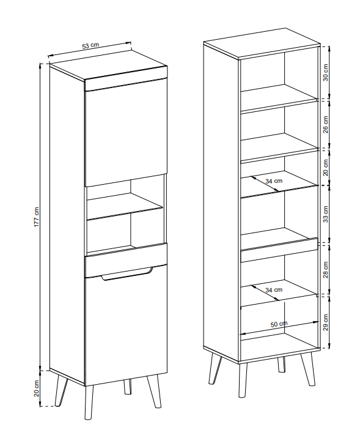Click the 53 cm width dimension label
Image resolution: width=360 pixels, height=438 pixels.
coord(90,46)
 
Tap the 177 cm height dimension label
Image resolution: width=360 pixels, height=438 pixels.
coord(37,217)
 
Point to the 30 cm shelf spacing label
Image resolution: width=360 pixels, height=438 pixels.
coord(326,73)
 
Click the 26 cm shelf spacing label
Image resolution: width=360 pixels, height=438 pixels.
coord(326,125)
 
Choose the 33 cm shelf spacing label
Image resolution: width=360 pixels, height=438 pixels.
coord(326,214)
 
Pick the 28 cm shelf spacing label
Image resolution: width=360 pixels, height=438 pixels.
coord(326,270)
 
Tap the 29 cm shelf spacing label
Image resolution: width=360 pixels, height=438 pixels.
coord(326,322)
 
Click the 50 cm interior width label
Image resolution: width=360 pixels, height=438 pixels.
coord(279,324)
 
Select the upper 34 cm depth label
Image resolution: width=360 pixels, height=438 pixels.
coord(274,181)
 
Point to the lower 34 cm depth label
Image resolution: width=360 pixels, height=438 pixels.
coord(274,290)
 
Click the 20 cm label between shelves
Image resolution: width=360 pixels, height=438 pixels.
coord(326,168)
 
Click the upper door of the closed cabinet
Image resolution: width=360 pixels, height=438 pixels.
coord(125,133)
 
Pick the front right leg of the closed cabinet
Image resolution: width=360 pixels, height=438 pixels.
coord(154,390)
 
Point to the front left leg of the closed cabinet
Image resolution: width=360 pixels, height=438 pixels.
coord(89,403)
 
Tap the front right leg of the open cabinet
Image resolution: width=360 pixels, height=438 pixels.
coord(308,369)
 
